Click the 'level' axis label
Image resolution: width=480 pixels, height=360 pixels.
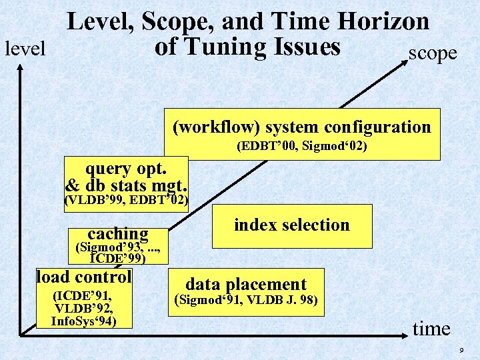pyautogui.click(x=25, y=48)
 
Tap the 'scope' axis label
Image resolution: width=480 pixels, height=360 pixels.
pyautogui.click(x=433, y=53)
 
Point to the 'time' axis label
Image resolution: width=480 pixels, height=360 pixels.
pyautogui.click(x=431, y=328)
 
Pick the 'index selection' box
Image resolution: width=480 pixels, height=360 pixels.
pyautogui.click(x=292, y=225)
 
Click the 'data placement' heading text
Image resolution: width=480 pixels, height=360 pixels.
pyautogui.click(x=246, y=284)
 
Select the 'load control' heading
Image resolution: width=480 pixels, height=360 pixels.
pyautogui.click(x=84, y=276)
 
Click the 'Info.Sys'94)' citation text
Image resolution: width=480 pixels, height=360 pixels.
pyautogui.click(x=83, y=321)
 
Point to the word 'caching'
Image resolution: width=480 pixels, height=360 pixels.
pyautogui.click(x=118, y=233)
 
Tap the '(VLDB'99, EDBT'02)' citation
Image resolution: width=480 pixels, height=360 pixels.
pyautogui.click(x=126, y=200)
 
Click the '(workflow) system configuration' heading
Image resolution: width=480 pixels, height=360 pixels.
pyautogui.click(x=301, y=127)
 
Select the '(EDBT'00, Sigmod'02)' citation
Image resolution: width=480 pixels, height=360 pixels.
pyautogui.click(x=301, y=146)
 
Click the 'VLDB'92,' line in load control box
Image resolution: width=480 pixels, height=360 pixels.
pyautogui.click(x=83, y=309)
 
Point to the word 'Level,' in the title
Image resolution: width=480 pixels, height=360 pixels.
pyautogui.click(x=99, y=21)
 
